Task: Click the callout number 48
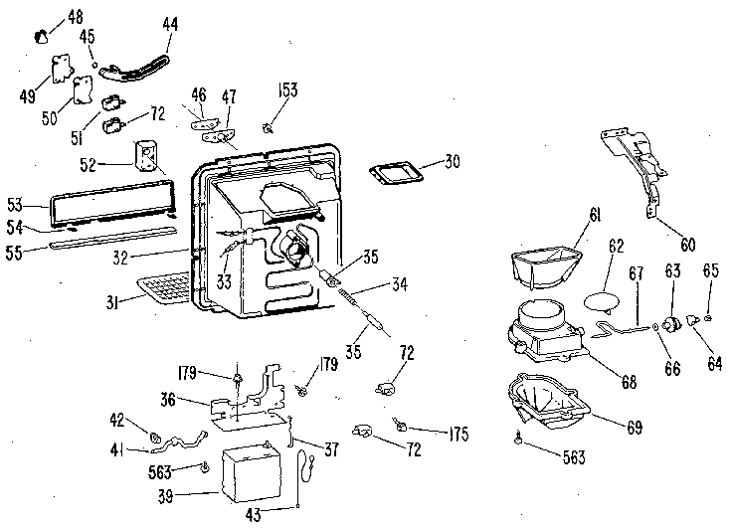coord(76,16)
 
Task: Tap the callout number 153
coord(287,89)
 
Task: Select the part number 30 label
coord(452,161)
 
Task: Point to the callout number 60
coord(688,244)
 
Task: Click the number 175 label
coord(458,434)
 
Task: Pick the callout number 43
coord(253,515)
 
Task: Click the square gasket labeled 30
coord(396,172)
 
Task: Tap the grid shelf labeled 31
coord(164,287)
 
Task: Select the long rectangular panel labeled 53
coord(113,201)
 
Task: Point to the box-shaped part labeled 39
coord(252,471)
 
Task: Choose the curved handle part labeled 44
coord(135,70)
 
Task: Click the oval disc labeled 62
coord(603,300)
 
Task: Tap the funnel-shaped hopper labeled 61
coord(547,266)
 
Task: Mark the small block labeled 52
coord(145,155)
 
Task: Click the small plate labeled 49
coord(60,69)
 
